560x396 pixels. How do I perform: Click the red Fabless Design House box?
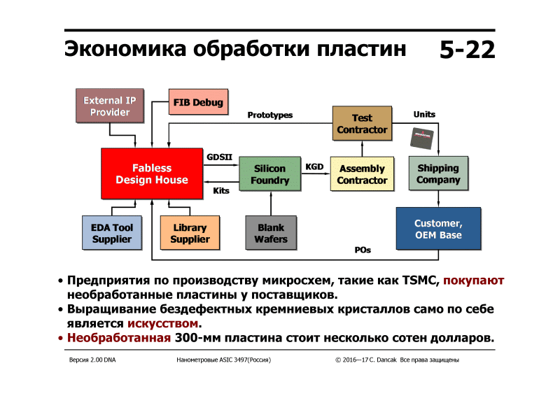[152, 174]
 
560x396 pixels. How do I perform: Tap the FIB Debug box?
[199, 104]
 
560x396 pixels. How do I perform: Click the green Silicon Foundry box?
[270, 174]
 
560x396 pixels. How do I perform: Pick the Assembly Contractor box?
[362, 174]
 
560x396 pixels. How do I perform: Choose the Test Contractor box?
[362, 124]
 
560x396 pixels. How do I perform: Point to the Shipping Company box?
[438, 174]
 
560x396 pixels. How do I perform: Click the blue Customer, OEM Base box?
[438, 229]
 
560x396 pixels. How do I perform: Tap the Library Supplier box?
[190, 233]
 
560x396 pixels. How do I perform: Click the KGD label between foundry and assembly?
[314, 167]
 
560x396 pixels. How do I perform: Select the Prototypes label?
[270, 115]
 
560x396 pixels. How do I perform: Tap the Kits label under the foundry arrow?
[221, 190]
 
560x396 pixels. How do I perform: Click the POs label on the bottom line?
[363, 250]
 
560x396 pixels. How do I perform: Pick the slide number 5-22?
[468, 50]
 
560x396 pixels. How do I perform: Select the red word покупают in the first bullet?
[474, 281]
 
